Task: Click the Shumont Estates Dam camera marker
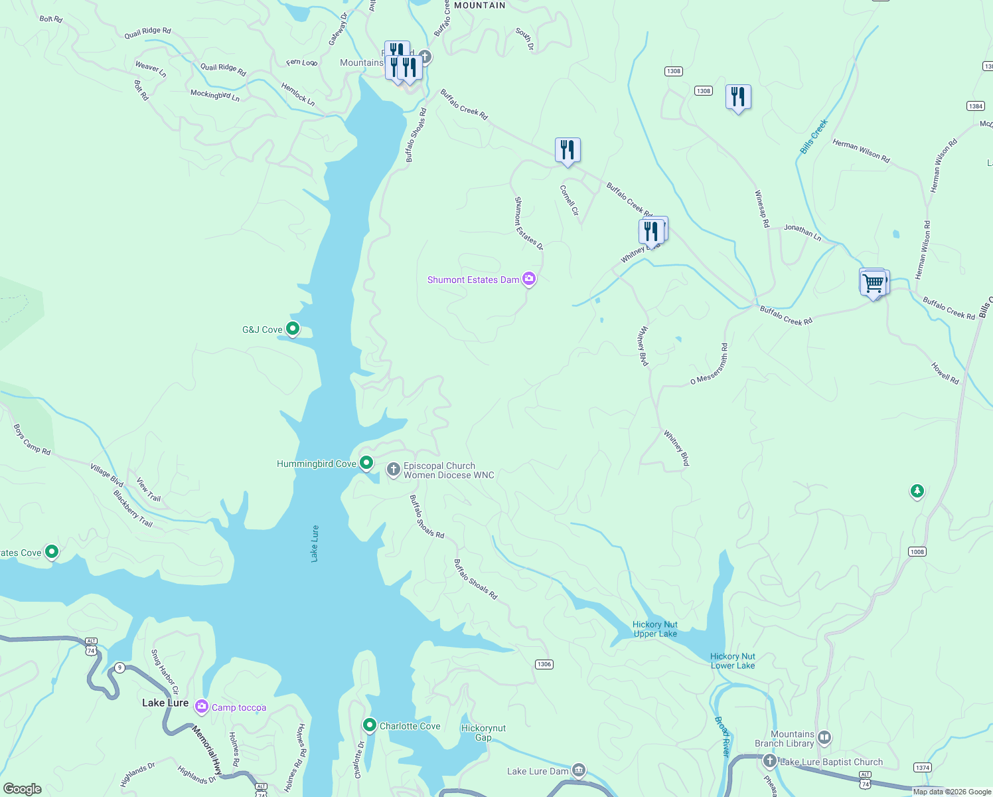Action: (x=529, y=279)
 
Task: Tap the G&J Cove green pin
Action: (x=292, y=328)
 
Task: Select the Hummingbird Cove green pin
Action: (x=366, y=462)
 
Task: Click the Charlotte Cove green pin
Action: (x=370, y=725)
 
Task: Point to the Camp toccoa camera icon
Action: (x=202, y=707)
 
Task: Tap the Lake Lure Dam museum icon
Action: (x=579, y=770)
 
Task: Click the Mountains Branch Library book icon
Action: (x=824, y=737)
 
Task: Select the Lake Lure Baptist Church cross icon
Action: (x=770, y=761)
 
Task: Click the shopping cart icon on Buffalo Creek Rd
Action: (x=874, y=283)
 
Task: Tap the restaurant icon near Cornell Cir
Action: (x=568, y=150)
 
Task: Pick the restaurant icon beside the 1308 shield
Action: (x=738, y=97)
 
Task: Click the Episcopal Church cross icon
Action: (x=394, y=470)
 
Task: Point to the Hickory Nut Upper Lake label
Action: (x=655, y=629)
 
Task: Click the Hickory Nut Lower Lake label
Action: (x=733, y=661)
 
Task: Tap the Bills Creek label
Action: (x=814, y=137)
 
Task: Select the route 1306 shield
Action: (x=544, y=664)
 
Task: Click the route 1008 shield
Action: (x=917, y=552)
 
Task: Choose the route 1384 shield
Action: (x=976, y=106)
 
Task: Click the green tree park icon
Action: (x=917, y=491)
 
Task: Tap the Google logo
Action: (x=23, y=789)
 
